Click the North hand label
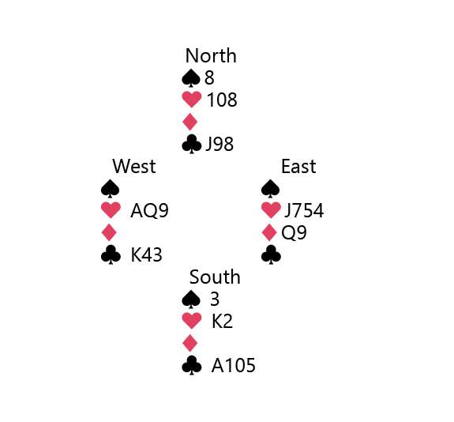(x=211, y=55)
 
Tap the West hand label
(x=134, y=167)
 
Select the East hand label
(x=298, y=167)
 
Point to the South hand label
(x=215, y=277)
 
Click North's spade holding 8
(x=209, y=77)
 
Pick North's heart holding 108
(x=222, y=100)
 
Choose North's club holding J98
(x=219, y=145)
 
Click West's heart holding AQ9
(x=149, y=211)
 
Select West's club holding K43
(x=146, y=255)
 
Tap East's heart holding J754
(x=304, y=211)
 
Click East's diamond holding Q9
(x=294, y=233)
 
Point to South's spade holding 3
(x=215, y=300)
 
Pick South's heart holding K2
(x=222, y=322)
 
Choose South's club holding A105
(x=234, y=365)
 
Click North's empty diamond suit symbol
(x=190, y=122)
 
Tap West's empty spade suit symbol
(x=111, y=189)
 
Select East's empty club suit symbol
(x=271, y=255)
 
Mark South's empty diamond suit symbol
(x=190, y=343)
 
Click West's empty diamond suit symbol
(x=109, y=232)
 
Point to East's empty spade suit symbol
(x=271, y=189)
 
